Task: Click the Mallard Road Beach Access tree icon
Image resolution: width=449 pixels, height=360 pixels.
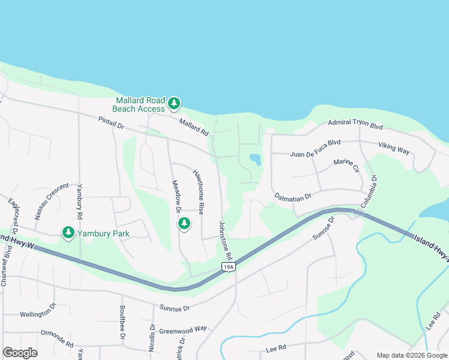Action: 174,104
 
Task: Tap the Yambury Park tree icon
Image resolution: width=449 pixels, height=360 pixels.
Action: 68,232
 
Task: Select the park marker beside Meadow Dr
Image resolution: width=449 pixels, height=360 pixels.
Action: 184,224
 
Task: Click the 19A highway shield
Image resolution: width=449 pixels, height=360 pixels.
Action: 228,266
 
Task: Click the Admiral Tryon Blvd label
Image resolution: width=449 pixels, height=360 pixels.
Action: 355,124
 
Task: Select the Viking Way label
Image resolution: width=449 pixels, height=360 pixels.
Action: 394,148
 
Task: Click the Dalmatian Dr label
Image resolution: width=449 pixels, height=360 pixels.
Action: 293,196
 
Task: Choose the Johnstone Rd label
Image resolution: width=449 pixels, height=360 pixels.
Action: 226,239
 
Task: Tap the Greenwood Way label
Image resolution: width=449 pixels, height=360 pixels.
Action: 182,329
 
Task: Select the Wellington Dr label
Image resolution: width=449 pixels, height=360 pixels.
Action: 38,313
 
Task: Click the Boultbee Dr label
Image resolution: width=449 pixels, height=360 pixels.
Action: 121,328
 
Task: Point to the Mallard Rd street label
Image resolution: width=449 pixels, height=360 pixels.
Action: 193,125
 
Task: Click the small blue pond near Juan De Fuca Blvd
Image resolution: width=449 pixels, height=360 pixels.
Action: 255,159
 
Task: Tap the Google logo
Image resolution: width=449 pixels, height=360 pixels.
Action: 20,353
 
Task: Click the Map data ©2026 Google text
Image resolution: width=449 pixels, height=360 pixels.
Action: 411,355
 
